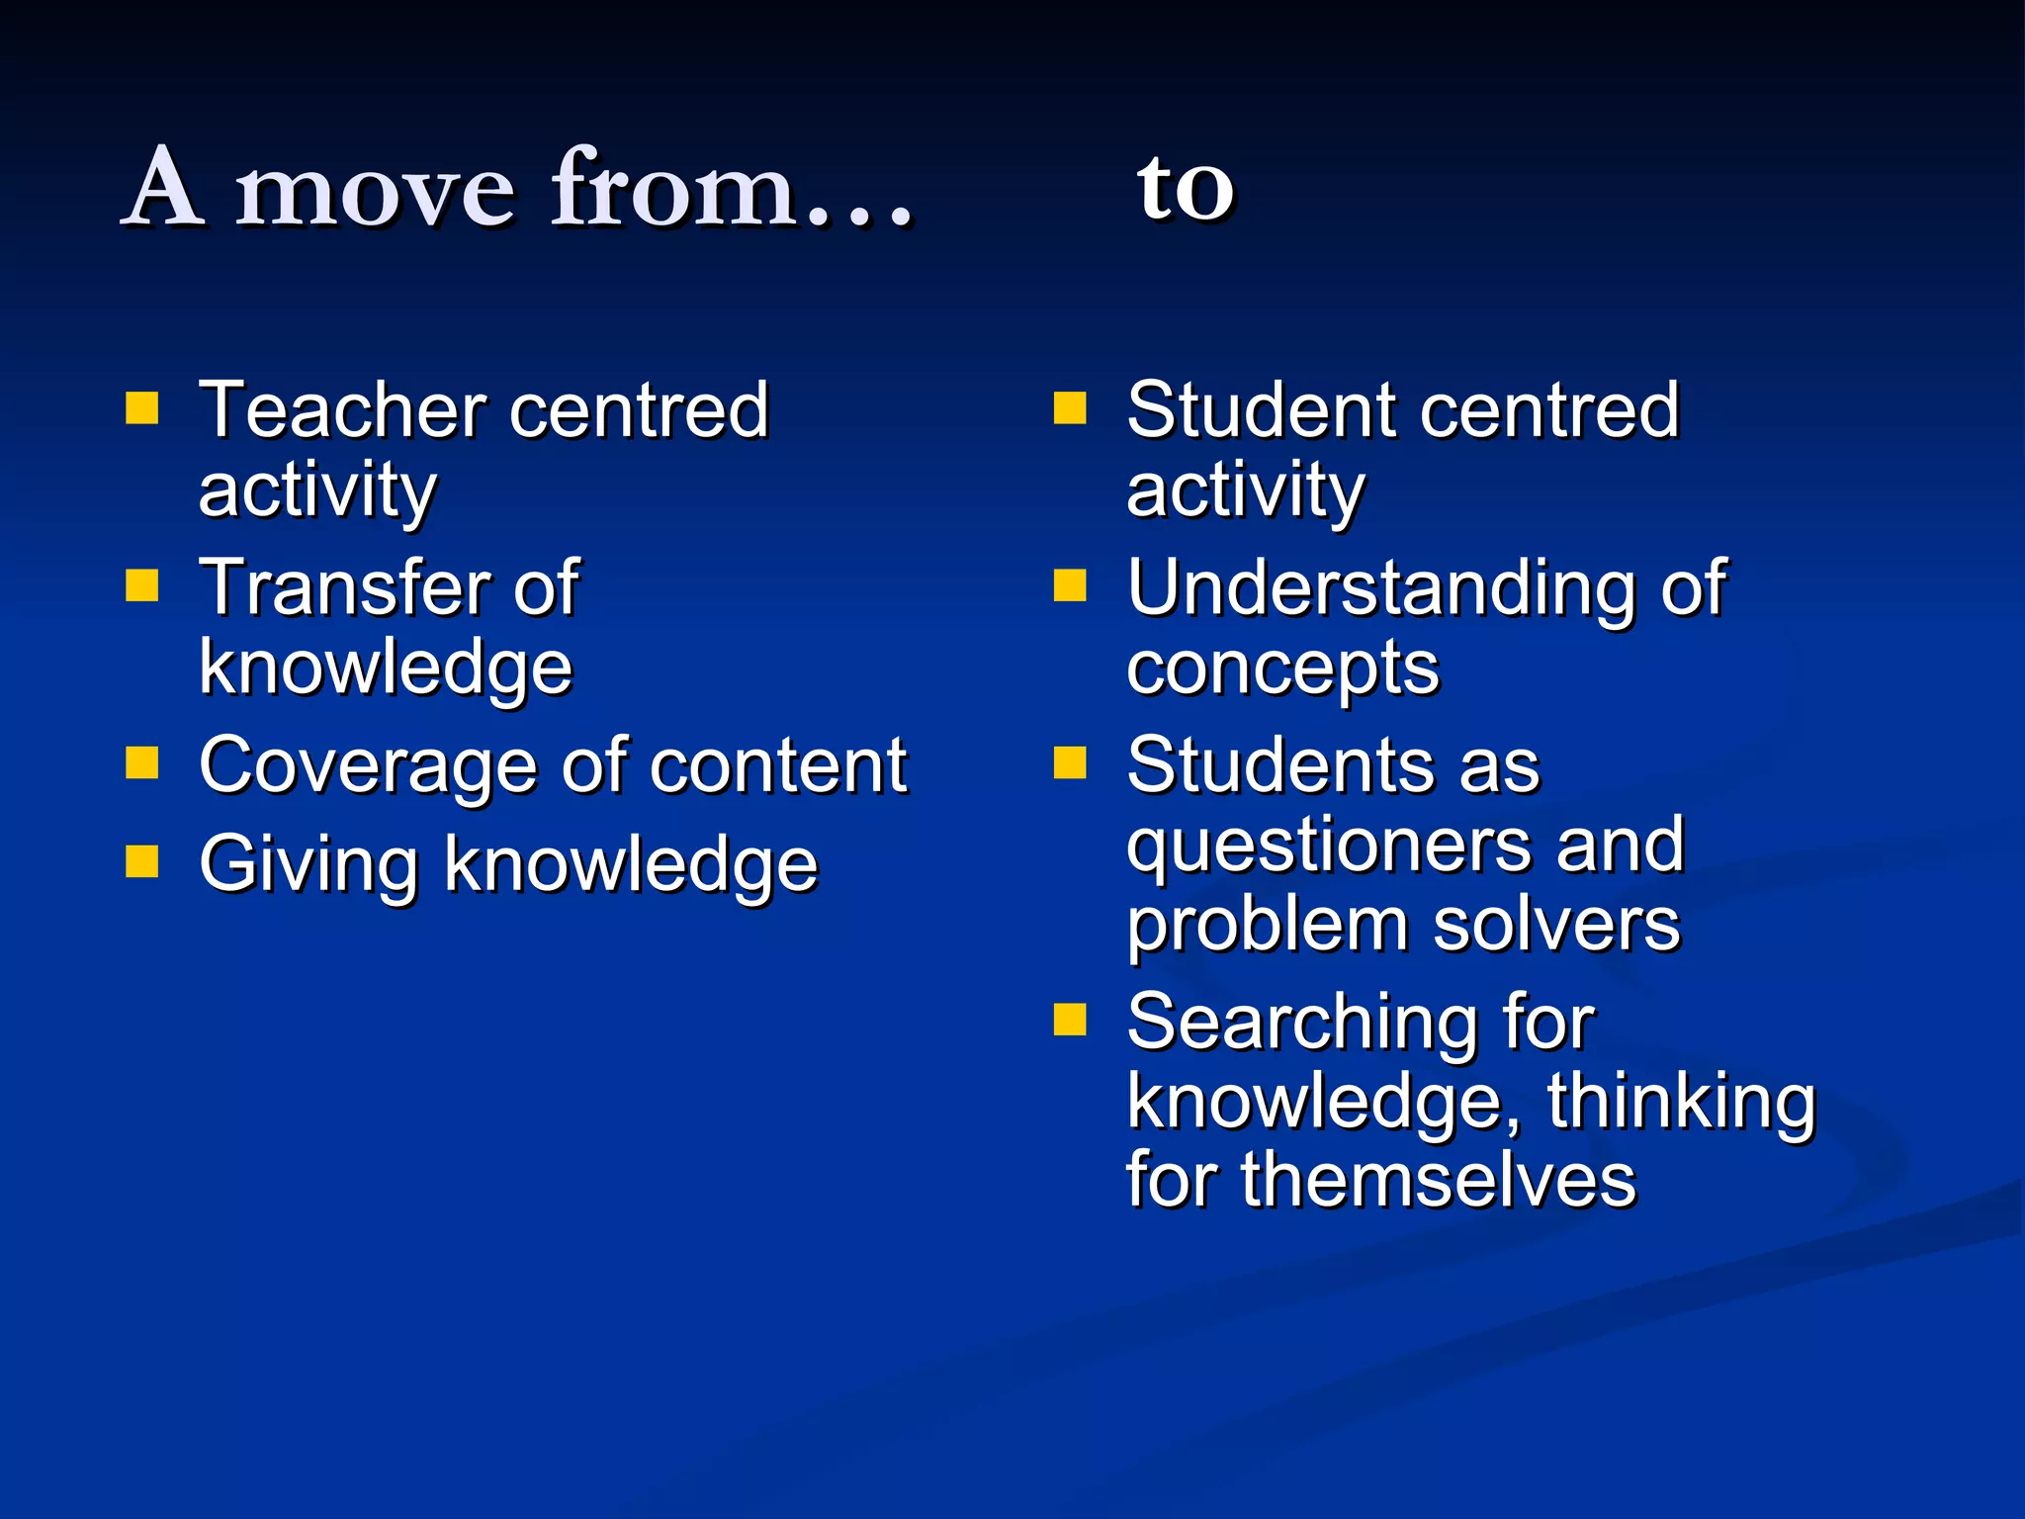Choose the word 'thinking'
coord(1681,1103)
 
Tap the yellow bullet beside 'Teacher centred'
coord(142,407)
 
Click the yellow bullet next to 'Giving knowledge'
coord(142,861)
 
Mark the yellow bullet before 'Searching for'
coord(1070,1020)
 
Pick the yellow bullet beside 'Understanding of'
coord(1070,585)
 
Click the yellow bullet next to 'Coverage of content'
coord(142,762)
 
